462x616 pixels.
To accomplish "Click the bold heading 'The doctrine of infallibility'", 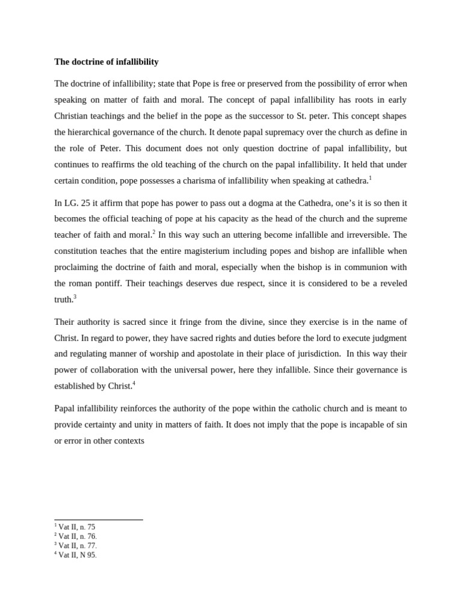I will point(106,62).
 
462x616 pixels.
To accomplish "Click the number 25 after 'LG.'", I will point(86,203).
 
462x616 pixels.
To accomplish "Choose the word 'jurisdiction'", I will point(310,354).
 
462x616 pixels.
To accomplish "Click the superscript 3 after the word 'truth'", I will point(75,297).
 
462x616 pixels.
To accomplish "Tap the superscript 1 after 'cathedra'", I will point(371,178).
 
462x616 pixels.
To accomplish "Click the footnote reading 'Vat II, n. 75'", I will point(76,527).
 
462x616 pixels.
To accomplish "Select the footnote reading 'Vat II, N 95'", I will point(76,555).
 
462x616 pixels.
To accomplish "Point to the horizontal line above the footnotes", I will point(99,520).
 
